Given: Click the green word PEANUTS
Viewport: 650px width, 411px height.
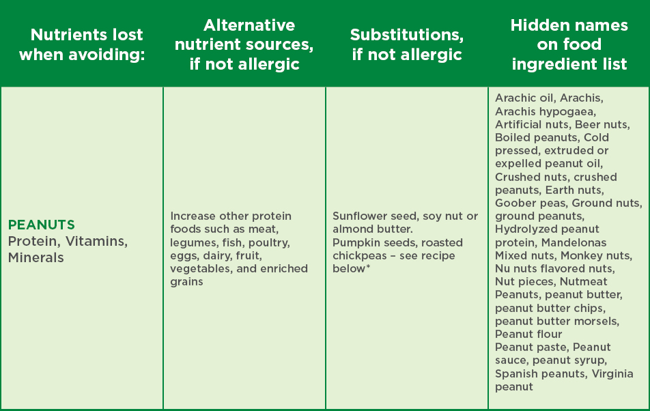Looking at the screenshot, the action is pos(42,225).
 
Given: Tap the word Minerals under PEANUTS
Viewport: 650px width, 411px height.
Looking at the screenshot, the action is pos(36,257).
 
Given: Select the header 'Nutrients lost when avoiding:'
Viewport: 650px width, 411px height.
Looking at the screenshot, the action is pos(82,44).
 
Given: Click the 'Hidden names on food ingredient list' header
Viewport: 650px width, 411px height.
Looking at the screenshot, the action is pos(569,44).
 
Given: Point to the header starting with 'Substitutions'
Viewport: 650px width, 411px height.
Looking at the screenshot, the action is pos(407,44).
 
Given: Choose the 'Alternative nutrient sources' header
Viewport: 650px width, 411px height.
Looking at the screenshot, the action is pos(244,44).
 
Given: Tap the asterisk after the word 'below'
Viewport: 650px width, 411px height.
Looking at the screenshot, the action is pos(368,266).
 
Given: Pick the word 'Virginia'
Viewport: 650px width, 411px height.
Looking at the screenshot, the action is pos(612,373).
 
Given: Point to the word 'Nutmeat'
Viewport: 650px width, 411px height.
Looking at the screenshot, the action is pos(583,281).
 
